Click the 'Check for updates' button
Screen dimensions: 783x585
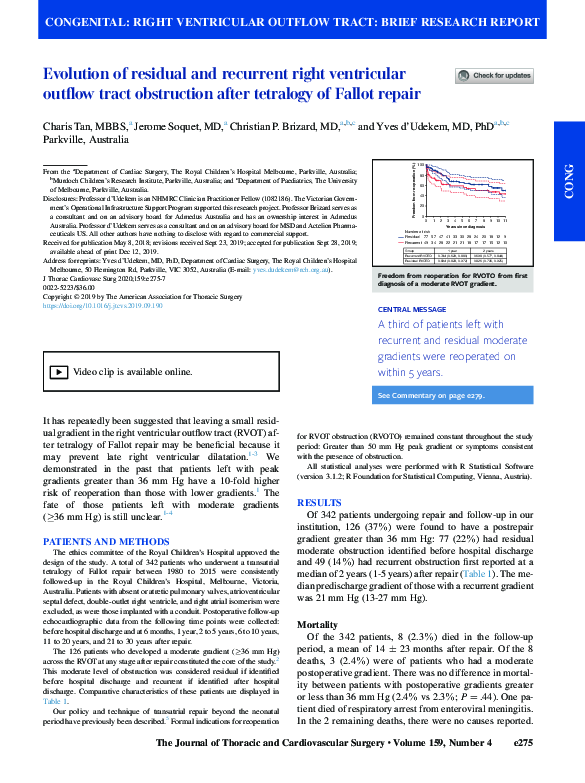[493, 76]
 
